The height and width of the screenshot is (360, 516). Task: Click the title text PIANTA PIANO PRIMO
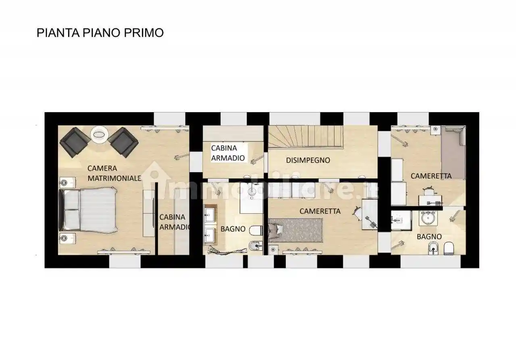point(100,33)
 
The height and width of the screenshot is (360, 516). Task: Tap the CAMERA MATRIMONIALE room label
point(114,173)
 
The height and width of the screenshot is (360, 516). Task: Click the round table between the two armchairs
point(99,134)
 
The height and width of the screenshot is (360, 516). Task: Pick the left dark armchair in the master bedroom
point(75,142)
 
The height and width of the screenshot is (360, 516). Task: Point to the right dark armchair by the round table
point(123,142)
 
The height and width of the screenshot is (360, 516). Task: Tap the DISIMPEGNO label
point(308,160)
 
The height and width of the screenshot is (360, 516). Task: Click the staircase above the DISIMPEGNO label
point(306,136)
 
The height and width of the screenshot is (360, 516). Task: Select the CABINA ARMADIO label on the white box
point(228,153)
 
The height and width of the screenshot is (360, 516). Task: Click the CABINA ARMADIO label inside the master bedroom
point(174,222)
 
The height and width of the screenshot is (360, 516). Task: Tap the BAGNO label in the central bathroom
point(233,229)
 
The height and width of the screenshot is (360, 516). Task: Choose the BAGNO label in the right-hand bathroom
point(429,237)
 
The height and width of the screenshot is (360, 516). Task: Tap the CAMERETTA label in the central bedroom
point(320,211)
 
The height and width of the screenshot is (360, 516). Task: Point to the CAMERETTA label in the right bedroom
point(431,176)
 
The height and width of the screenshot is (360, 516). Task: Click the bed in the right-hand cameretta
point(453,152)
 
